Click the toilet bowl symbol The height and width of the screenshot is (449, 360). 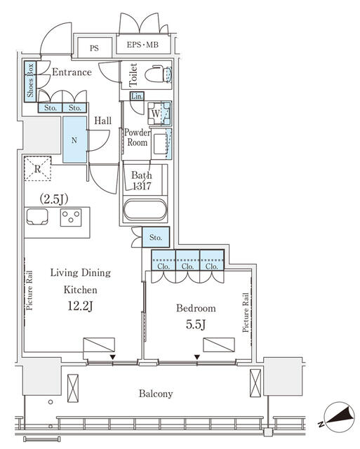[x=158, y=75]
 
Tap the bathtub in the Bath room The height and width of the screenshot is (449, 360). [x=145, y=210]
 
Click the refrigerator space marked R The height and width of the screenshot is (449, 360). [x=37, y=168]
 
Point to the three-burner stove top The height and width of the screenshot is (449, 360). [x=71, y=217]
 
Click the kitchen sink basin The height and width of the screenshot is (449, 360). [x=37, y=217]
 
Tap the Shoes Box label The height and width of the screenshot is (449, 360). [x=30, y=81]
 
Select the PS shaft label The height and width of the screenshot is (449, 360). [x=94, y=48]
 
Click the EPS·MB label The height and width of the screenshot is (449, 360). [x=142, y=45]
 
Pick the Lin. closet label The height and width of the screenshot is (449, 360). [x=137, y=96]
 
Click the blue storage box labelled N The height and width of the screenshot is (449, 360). [x=74, y=140]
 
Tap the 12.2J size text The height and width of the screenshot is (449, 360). [x=80, y=306]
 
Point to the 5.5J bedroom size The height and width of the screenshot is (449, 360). [x=196, y=324]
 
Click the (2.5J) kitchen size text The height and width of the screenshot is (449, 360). [x=54, y=199]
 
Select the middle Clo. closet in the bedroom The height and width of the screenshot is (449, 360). [x=187, y=260]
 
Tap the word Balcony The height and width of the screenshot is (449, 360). [x=156, y=394]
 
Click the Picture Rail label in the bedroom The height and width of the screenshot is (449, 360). [x=246, y=312]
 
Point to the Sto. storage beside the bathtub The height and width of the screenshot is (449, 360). [x=156, y=237]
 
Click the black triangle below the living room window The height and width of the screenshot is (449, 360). [x=113, y=357]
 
